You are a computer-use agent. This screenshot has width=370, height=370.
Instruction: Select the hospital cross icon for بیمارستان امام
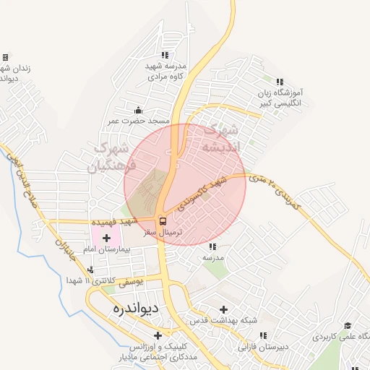[107, 237]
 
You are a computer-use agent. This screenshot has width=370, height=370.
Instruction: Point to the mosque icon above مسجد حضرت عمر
[139, 110]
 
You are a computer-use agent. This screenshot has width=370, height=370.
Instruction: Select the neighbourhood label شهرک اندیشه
[221, 139]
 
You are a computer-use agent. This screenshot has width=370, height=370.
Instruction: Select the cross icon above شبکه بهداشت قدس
[223, 309]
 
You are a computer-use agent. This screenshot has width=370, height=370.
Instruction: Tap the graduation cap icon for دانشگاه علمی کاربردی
[347, 326]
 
